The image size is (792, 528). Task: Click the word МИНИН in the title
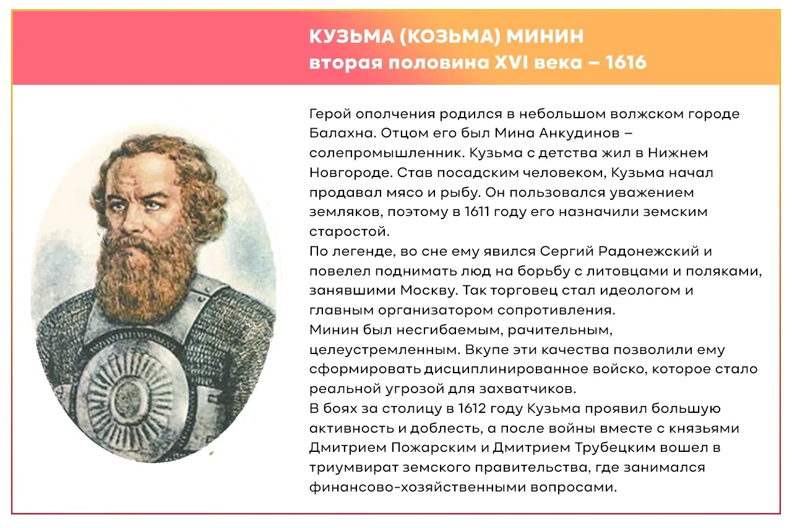point(545,36)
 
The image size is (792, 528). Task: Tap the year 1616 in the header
point(626,63)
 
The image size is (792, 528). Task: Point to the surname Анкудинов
point(579,133)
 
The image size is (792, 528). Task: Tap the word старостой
point(349,232)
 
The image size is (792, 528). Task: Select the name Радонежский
point(648,251)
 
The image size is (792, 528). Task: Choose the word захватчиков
point(528,389)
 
